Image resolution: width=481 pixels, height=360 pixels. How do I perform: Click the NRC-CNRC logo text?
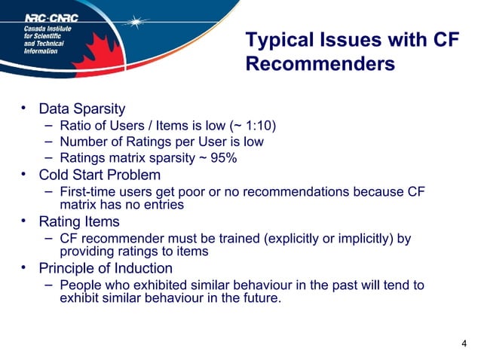pyautogui.click(x=52, y=17)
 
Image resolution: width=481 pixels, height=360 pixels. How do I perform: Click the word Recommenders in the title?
pyautogui.click(x=320, y=65)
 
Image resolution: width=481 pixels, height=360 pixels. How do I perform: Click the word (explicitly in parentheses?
pyautogui.click(x=291, y=239)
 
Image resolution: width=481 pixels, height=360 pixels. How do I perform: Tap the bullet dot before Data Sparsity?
pyautogui.click(x=24, y=109)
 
